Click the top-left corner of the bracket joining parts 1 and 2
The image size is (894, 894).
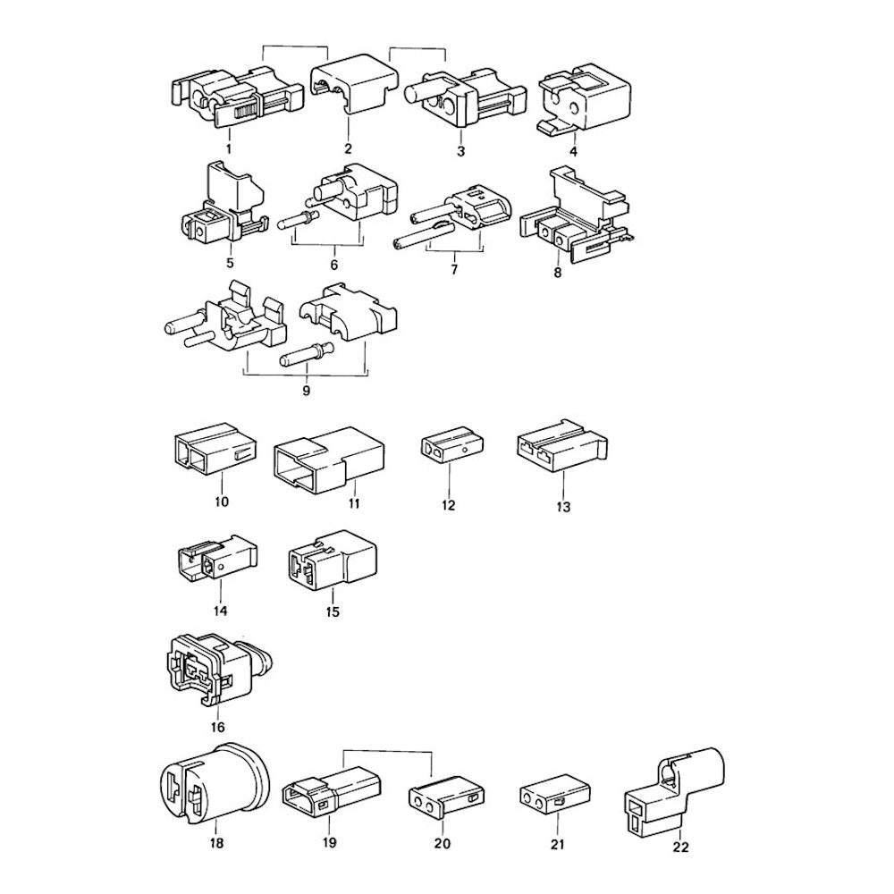[x=262, y=46]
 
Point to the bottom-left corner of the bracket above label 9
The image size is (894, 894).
[x=244, y=375]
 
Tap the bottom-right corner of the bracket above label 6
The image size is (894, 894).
[x=363, y=245]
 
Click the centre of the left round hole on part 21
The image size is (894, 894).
[x=529, y=803]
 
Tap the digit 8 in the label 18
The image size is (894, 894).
[x=220, y=843]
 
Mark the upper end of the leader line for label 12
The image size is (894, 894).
[x=449, y=466]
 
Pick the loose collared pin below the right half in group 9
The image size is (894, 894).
[x=307, y=353]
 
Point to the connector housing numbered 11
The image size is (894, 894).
[x=329, y=458]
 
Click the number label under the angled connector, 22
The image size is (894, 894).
[x=680, y=848]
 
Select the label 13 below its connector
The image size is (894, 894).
[x=562, y=506]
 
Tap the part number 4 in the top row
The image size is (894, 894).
[x=574, y=152]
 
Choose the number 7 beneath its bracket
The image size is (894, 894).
[x=454, y=269]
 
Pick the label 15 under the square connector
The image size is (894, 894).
[x=332, y=611]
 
